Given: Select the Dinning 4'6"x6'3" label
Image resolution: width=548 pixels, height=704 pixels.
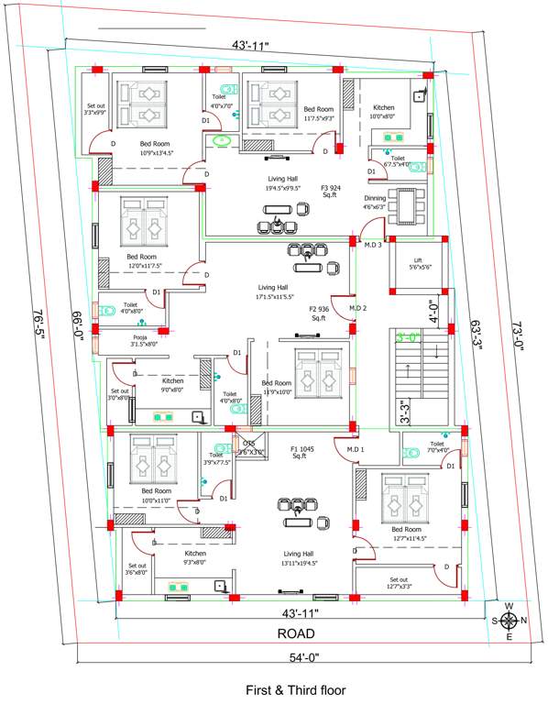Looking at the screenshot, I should click(x=374, y=203).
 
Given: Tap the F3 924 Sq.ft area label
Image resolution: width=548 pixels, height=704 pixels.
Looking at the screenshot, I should click(x=331, y=191).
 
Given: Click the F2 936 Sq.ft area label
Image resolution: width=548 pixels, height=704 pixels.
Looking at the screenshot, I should click(x=318, y=314).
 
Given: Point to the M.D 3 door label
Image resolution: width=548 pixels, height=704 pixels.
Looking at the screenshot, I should click(x=372, y=245).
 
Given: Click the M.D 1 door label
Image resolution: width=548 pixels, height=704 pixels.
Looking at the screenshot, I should click(x=356, y=449).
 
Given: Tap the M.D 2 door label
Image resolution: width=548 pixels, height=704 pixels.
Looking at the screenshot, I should click(x=357, y=308).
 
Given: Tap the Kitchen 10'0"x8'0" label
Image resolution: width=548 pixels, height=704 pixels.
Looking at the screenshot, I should click(x=382, y=112).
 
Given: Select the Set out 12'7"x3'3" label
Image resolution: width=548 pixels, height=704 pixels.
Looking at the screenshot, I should click(x=399, y=583).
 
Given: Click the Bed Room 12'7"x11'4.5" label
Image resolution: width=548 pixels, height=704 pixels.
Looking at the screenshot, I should click(x=408, y=534).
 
